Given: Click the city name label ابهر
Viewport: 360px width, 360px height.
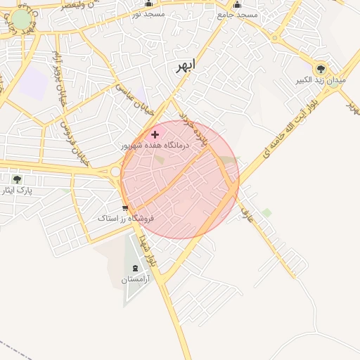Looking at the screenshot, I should click(185, 67).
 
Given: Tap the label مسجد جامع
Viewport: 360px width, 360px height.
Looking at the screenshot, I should click(238, 15).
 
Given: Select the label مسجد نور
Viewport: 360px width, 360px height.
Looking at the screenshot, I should click(148, 14).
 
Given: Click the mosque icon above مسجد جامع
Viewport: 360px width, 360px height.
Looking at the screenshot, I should click(237, 4).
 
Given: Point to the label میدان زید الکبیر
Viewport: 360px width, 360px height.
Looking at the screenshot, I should click(321, 81).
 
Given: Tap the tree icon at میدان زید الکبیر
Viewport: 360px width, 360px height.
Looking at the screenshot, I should click(321, 68).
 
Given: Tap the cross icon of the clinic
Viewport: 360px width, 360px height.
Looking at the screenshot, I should click(155, 134).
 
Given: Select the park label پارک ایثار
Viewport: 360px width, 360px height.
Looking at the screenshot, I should click(18, 191).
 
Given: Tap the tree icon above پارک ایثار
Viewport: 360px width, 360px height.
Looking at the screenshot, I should click(17, 179).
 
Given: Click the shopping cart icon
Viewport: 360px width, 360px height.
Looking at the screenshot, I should click(125, 207).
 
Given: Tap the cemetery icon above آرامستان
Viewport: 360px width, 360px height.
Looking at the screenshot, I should click(135, 268).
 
